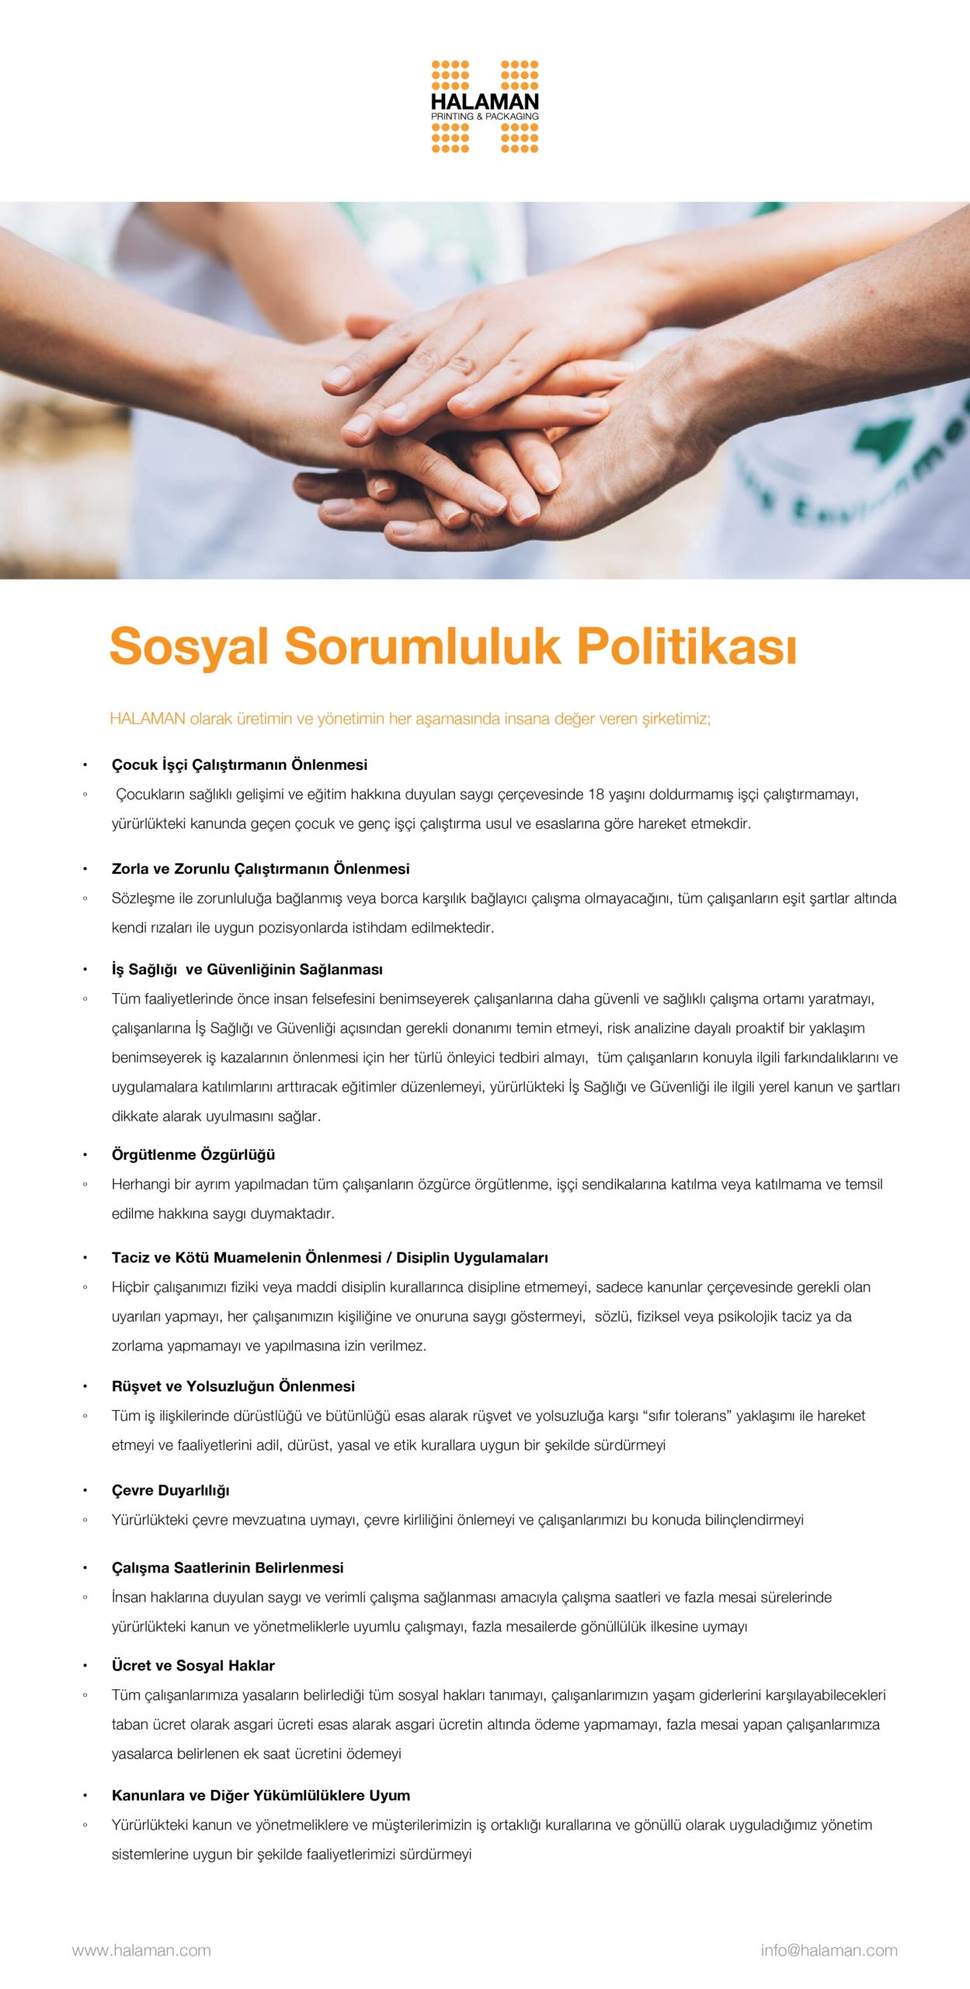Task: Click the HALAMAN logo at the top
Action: click(x=485, y=106)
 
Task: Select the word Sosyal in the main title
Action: click(x=189, y=646)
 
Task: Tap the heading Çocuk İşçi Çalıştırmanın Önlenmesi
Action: click(x=239, y=765)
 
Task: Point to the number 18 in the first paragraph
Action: click(x=596, y=794)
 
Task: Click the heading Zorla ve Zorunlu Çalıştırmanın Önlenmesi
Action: click(x=260, y=869)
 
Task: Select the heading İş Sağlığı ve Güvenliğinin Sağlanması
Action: click(x=247, y=969)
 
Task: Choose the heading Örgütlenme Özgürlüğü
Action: click(x=193, y=1155)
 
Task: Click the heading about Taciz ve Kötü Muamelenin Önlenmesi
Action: click(x=329, y=1257)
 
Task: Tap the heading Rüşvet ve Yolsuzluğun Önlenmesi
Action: click(x=233, y=1386)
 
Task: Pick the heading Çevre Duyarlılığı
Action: click(x=170, y=1490)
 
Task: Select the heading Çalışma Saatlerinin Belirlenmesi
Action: click(x=228, y=1568)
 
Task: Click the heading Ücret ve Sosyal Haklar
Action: click(x=193, y=1665)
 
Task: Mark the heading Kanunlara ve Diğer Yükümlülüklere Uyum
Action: click(x=260, y=1795)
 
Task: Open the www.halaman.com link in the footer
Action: click(x=141, y=1950)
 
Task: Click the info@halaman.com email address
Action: click(x=829, y=1950)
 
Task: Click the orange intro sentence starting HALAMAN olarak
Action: click(x=410, y=719)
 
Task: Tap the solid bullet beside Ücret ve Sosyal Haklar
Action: click(x=85, y=1666)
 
